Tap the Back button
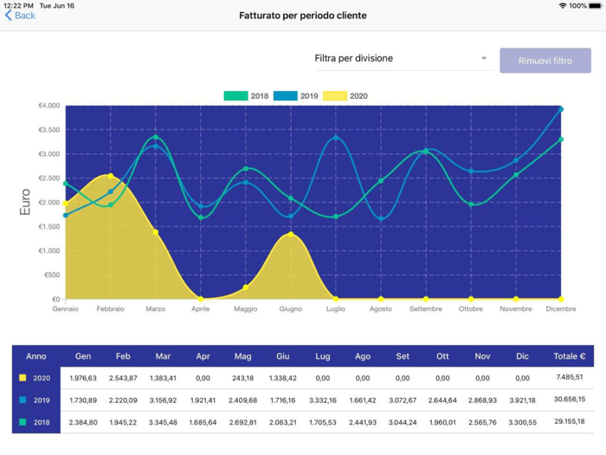click(20, 16)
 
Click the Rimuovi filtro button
click(545, 61)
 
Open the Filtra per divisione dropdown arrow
click(484, 59)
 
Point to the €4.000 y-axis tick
click(48, 106)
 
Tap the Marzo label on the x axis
click(156, 309)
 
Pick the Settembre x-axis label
click(425, 309)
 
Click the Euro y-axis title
click(24, 202)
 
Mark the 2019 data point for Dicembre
click(561, 109)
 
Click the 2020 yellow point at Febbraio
click(111, 176)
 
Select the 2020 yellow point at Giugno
click(290, 234)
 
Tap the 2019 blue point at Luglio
click(336, 138)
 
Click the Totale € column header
click(569, 356)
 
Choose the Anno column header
click(36, 356)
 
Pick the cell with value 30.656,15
click(569, 400)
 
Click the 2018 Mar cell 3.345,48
click(163, 422)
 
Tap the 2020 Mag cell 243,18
click(243, 378)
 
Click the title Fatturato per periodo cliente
click(303, 16)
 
